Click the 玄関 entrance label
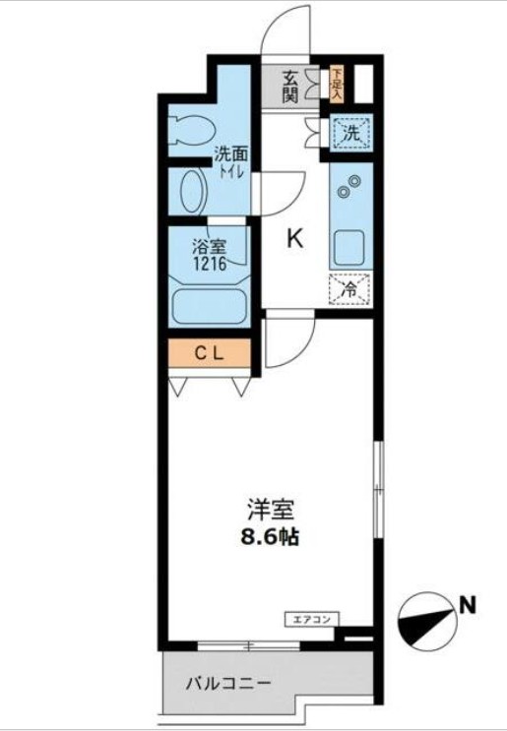point(290,87)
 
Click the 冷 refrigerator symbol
point(349,289)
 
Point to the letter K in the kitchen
point(294,238)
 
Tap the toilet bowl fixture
point(193,129)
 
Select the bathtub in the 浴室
point(208,302)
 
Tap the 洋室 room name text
point(269,512)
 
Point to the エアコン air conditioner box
point(313,619)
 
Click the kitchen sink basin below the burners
point(349,246)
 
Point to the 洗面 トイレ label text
point(232,159)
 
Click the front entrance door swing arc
point(288,27)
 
